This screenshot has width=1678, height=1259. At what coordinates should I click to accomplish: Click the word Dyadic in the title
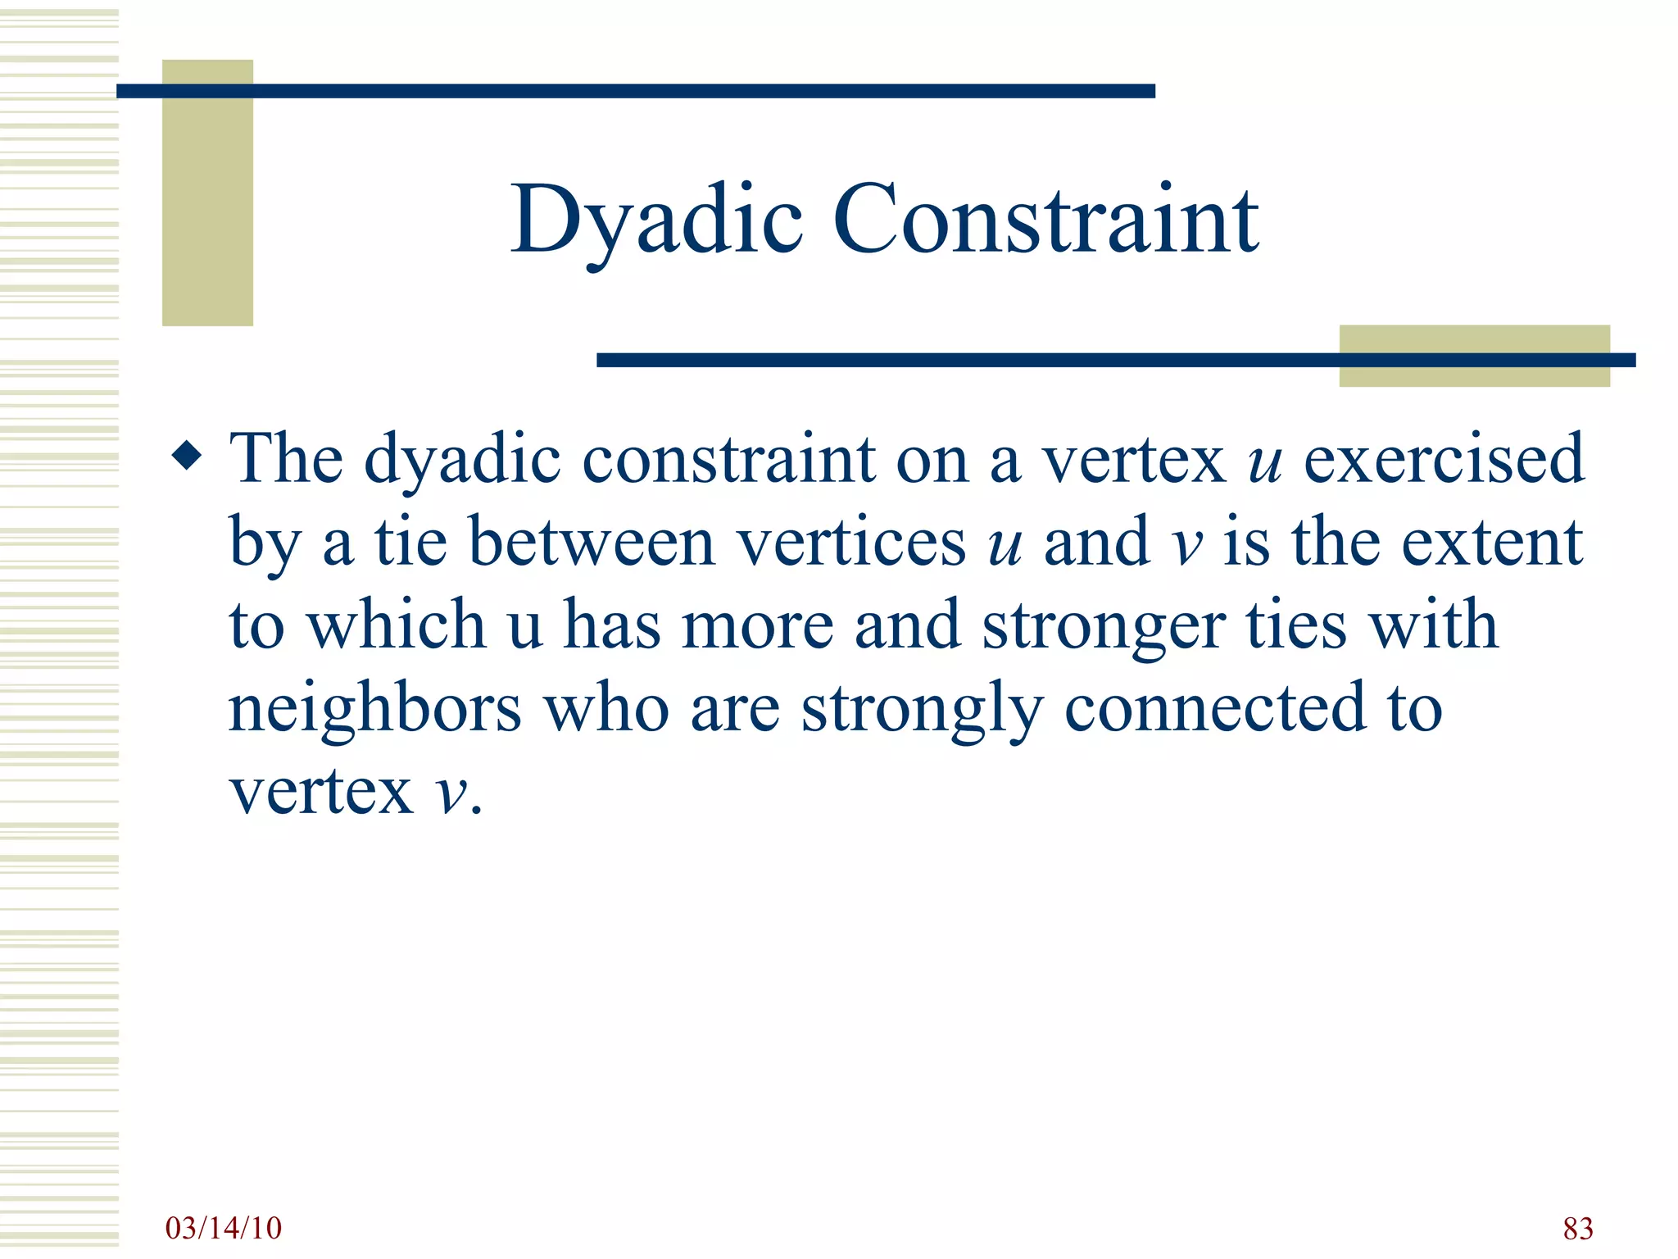coord(655,220)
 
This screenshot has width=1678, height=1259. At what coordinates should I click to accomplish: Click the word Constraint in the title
coord(1045,220)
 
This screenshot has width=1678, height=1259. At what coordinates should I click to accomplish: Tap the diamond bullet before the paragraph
coord(188,456)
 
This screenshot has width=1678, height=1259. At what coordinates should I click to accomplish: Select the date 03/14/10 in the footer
coord(223,1228)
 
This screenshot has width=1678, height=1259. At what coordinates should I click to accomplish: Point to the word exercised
coord(1444,459)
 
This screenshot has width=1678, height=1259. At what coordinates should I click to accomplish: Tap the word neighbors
coord(374,709)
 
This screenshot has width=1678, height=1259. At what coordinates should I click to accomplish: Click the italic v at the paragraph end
coord(451,793)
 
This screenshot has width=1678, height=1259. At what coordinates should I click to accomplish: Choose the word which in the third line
coord(397,625)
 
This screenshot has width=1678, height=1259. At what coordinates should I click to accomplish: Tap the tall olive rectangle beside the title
coord(207,193)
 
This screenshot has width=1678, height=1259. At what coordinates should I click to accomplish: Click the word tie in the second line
coord(410,543)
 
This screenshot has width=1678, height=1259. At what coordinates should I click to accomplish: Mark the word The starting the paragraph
coord(286,459)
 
